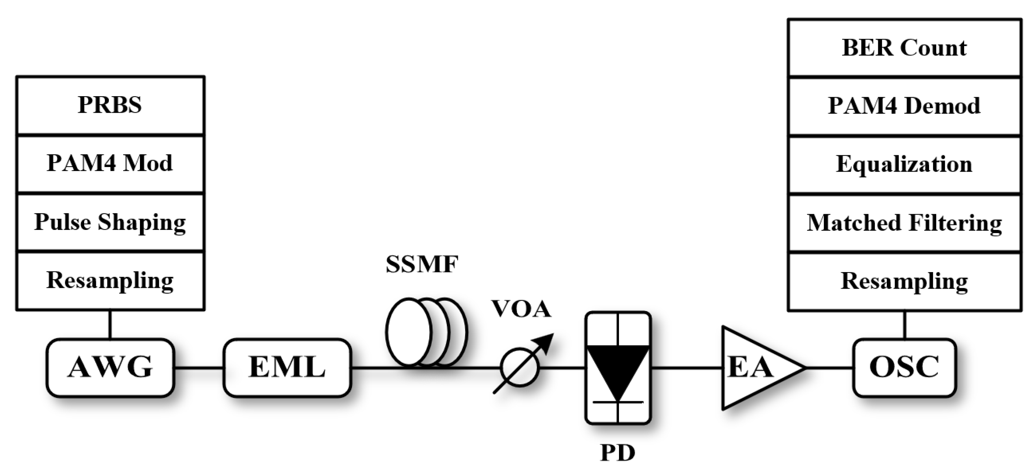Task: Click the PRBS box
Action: (x=110, y=105)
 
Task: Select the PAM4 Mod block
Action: (x=110, y=164)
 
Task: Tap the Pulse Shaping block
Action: (x=110, y=222)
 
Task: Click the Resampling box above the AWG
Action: (x=110, y=281)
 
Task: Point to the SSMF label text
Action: (x=421, y=265)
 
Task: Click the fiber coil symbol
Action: (x=426, y=332)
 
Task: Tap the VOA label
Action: (x=521, y=309)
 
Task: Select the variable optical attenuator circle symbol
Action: (x=520, y=367)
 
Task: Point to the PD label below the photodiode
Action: (x=618, y=453)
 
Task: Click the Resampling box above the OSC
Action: (x=904, y=281)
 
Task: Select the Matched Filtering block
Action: (x=904, y=223)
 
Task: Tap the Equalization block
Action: (x=904, y=164)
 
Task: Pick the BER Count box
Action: (x=904, y=48)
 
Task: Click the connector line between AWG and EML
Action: (x=198, y=368)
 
